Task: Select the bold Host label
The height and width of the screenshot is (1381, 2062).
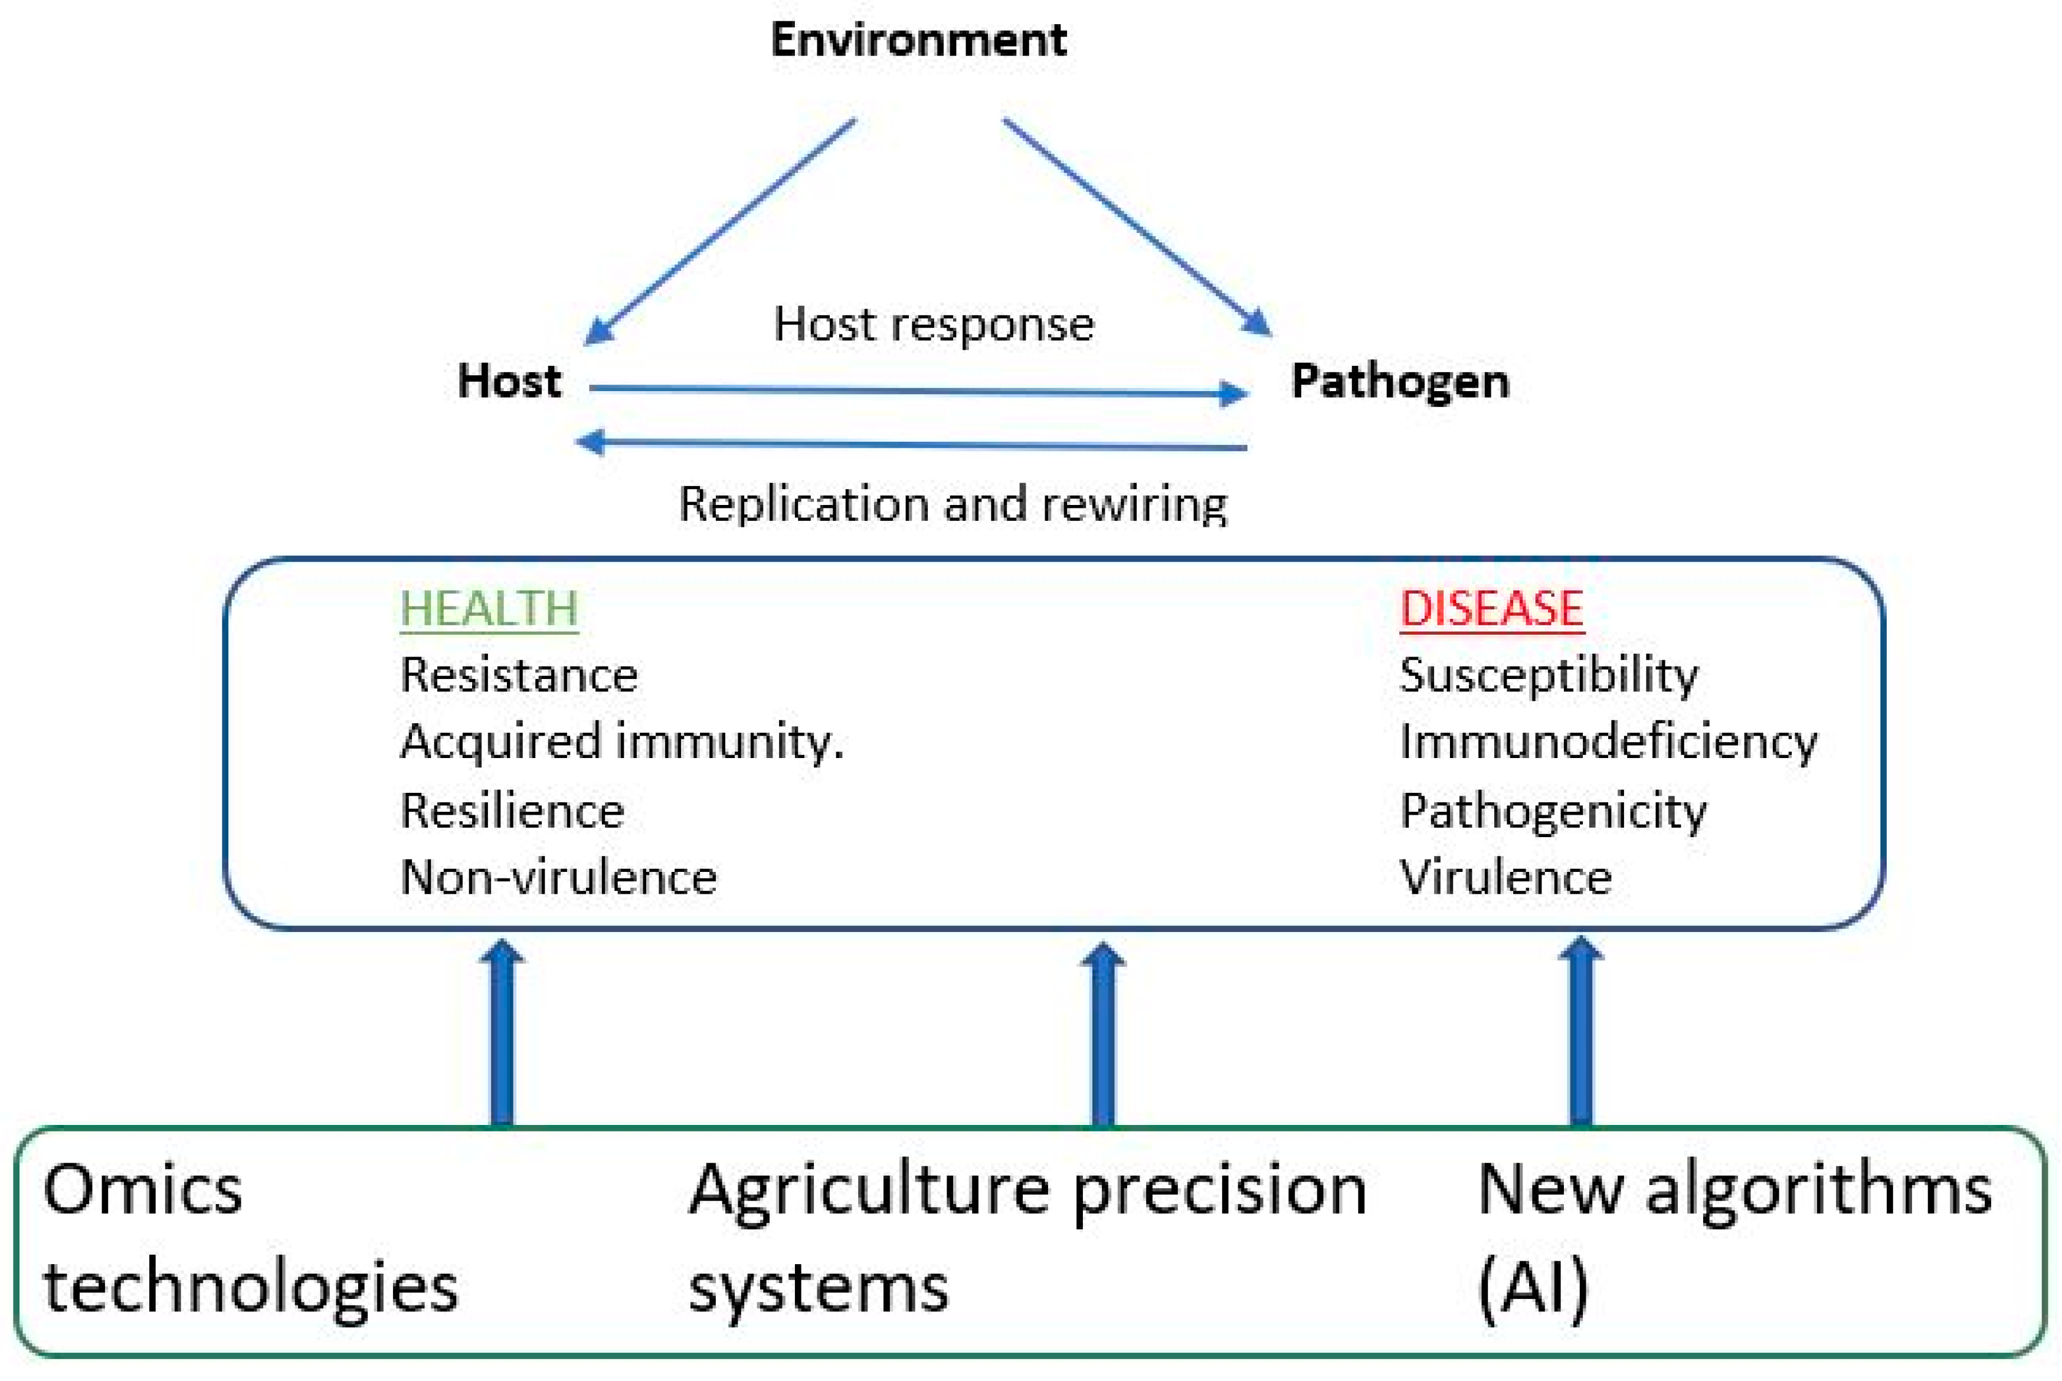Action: pos(509,381)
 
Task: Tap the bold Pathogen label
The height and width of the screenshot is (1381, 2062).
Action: pos(1400,381)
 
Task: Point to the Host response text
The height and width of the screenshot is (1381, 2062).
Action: pos(933,324)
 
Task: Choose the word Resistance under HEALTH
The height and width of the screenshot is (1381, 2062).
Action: pos(518,675)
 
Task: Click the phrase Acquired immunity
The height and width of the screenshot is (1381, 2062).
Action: pos(621,742)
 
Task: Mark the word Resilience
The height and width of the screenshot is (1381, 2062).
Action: pos(512,811)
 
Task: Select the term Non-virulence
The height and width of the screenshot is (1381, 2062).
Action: pos(558,877)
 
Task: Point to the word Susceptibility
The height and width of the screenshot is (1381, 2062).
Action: pos(1547,675)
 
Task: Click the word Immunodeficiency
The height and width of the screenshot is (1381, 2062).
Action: pos(1608,742)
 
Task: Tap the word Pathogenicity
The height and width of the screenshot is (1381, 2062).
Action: pos(1552,811)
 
